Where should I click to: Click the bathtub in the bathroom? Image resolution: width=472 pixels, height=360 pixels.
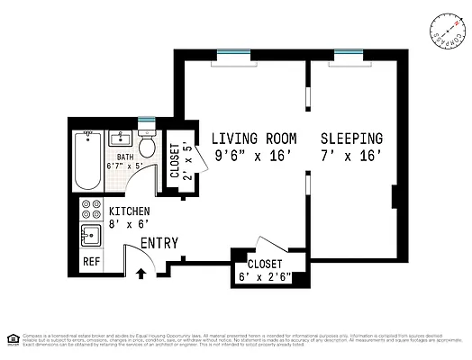(86, 161)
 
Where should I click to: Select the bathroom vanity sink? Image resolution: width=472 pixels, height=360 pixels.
(120, 139)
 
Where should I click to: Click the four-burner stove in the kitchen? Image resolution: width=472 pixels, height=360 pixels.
(91, 210)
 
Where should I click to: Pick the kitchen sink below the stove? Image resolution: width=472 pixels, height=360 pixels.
(90, 237)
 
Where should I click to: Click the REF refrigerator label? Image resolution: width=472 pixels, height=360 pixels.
(91, 262)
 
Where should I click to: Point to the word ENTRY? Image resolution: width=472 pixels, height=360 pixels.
(159, 243)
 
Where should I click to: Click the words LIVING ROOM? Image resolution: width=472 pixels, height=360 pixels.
(254, 139)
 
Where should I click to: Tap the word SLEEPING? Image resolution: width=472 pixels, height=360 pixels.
(352, 139)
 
